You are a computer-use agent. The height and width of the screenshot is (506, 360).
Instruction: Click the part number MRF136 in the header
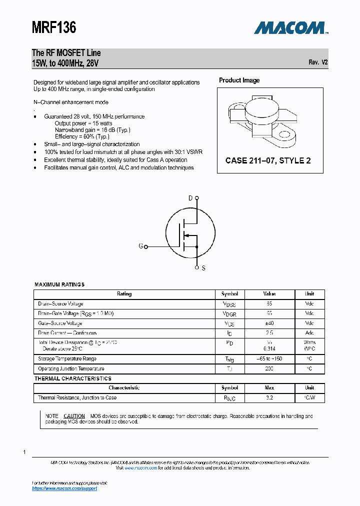54,27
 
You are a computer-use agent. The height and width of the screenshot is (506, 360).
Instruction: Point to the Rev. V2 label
318,62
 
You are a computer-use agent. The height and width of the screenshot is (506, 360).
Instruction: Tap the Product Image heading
239,80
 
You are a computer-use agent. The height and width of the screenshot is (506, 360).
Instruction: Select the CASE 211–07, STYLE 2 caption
268,160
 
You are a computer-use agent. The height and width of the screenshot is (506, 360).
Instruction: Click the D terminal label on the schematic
190,198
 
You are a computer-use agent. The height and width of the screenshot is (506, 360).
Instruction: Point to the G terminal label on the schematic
141,246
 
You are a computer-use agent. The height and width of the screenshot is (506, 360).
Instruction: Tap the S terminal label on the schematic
203,268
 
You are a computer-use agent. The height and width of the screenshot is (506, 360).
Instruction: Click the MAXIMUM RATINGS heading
59,284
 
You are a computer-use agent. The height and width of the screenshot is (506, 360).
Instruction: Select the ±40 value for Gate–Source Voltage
269,323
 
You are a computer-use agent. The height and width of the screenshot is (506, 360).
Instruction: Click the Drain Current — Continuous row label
67,333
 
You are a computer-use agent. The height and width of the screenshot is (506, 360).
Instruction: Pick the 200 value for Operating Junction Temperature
269,368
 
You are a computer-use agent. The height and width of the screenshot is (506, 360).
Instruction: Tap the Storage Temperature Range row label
67,358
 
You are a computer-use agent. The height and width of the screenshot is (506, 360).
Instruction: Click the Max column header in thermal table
269,387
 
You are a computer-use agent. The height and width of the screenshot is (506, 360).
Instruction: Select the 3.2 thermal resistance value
269,397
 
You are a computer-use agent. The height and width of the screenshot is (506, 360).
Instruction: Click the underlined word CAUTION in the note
74,416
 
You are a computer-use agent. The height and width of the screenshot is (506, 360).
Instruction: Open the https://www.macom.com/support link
64,488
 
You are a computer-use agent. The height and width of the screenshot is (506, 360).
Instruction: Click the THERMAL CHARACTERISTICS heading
73,378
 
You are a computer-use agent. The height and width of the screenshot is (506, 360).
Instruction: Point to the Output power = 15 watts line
83,123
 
